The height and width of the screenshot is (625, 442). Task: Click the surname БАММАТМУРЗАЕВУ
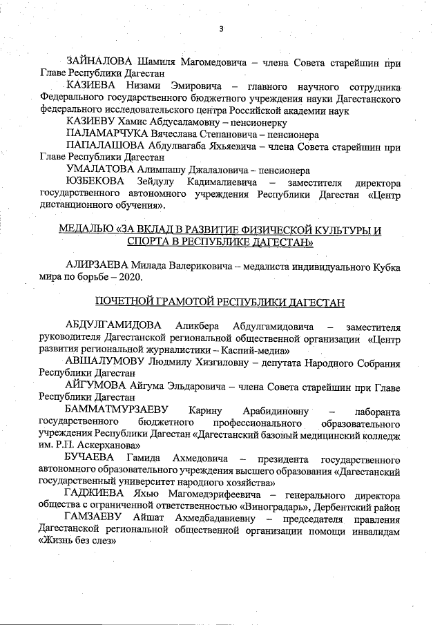pos(116,410)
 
